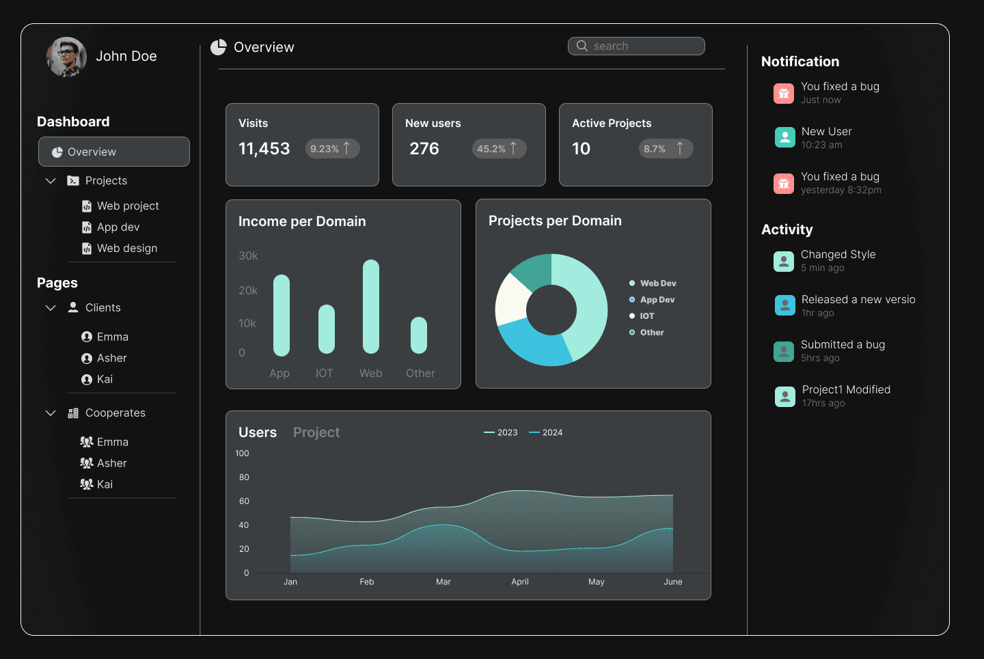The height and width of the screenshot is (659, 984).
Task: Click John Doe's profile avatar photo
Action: (x=66, y=57)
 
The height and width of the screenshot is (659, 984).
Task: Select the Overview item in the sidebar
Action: (x=114, y=152)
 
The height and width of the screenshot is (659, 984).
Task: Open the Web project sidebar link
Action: (x=128, y=206)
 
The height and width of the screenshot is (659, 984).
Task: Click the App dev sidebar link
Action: (x=118, y=227)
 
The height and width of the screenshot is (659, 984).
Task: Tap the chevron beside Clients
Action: (x=51, y=308)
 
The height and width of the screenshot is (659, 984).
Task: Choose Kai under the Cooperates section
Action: (x=105, y=484)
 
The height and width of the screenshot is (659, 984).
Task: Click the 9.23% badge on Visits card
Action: (x=332, y=148)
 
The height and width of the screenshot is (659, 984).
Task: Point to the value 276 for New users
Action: (x=424, y=148)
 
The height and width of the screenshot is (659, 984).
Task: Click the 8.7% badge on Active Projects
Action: (x=666, y=148)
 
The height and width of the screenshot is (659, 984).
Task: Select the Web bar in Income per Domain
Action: (x=370, y=307)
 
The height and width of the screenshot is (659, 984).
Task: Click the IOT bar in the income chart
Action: (x=327, y=329)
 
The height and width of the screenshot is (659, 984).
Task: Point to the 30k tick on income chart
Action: (x=248, y=255)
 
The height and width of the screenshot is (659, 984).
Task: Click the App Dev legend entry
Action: (x=657, y=300)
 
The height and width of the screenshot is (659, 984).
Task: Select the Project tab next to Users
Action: (x=316, y=432)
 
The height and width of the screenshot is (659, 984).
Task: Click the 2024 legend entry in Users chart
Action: (x=547, y=432)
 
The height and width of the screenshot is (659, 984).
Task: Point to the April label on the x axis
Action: (x=520, y=582)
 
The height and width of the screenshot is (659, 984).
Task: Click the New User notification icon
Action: (x=784, y=137)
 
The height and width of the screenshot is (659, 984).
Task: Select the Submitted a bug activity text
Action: (x=843, y=344)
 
